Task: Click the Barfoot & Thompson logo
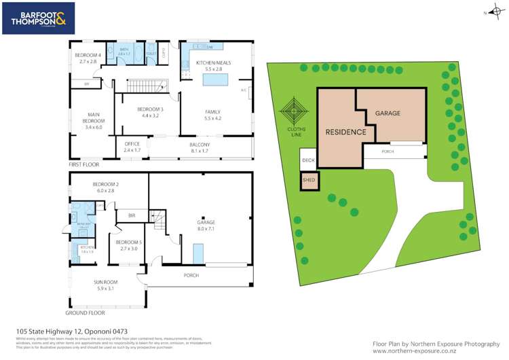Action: pos(37,18)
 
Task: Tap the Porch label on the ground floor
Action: pos(191,276)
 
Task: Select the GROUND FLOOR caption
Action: pos(85,313)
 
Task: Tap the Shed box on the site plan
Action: pos(309,180)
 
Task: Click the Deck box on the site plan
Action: pos(308,161)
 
